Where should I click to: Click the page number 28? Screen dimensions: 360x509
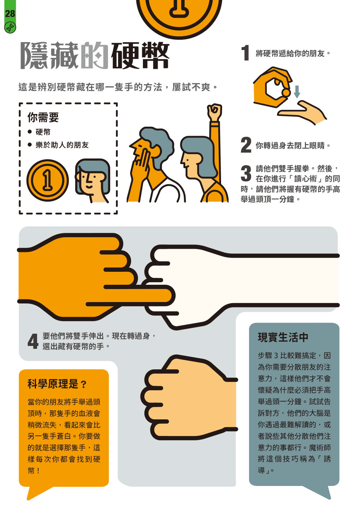click(x=10, y=14)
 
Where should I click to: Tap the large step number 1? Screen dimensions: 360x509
click(x=245, y=53)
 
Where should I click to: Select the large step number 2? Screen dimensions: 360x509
click(x=246, y=145)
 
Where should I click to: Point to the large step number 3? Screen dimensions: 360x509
click(x=246, y=174)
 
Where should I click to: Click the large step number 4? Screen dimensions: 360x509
click(x=33, y=341)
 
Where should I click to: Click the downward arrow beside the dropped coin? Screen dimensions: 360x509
click(x=297, y=92)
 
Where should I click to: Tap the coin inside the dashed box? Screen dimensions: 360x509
click(x=48, y=180)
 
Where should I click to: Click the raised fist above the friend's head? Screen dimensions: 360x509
click(x=214, y=112)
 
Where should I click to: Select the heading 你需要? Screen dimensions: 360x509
click(x=43, y=117)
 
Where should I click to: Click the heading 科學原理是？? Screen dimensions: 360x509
click(x=57, y=384)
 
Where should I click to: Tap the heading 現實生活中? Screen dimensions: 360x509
click(x=283, y=337)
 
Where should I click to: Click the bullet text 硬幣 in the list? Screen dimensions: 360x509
click(x=43, y=132)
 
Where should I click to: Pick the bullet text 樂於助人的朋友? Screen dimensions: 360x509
click(x=62, y=145)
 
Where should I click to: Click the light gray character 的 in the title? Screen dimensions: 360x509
click(x=94, y=55)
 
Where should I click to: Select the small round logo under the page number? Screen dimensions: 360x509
click(x=10, y=28)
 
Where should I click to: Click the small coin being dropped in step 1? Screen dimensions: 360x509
click(x=286, y=93)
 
